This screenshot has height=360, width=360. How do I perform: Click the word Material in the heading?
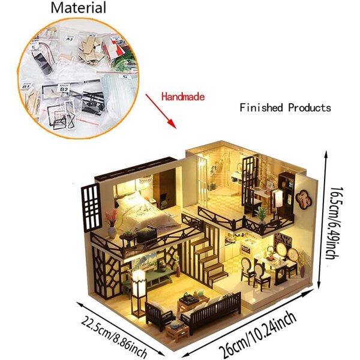click(78, 8)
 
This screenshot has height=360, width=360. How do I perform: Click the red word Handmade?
click(183, 97)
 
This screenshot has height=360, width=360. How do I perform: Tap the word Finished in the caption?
click(261, 107)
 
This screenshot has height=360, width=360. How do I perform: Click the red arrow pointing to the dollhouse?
click(161, 111)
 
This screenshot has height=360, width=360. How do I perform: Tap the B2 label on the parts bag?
click(64, 88)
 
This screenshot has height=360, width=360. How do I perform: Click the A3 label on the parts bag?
click(69, 38)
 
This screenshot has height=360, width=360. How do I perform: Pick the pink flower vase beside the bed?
click(112, 223)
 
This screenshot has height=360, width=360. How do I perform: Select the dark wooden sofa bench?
click(211, 312)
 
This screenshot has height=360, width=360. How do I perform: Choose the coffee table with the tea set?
click(194, 301)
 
